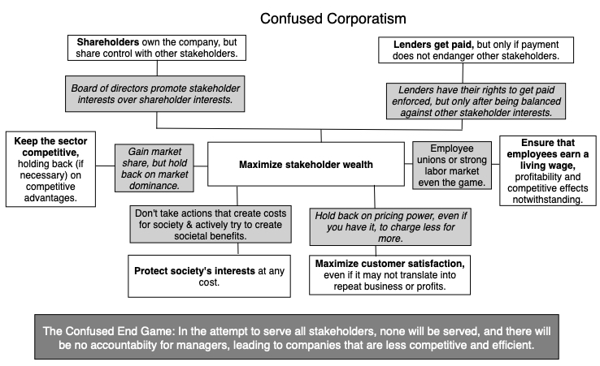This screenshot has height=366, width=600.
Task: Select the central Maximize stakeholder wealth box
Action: tap(305, 165)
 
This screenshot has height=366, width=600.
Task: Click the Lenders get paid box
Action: tap(472, 50)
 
